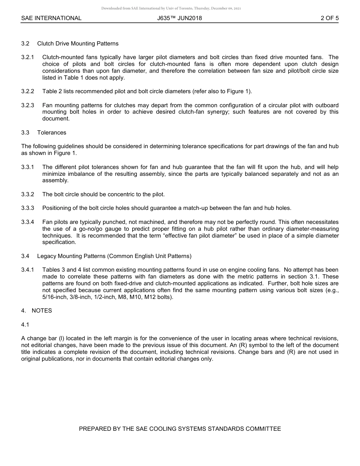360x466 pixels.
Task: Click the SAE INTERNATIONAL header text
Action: point(51,18)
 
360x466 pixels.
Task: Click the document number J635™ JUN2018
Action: point(180,18)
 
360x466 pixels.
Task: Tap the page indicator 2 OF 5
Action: point(329,18)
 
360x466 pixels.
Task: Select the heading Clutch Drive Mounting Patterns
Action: point(78,44)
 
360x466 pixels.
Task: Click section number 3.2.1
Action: point(28,57)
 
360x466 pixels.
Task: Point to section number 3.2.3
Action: point(28,105)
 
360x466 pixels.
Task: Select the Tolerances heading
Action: point(52,133)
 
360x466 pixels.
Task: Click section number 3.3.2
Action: point(28,194)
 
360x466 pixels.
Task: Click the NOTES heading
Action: point(42,311)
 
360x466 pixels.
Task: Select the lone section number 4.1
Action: point(25,325)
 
